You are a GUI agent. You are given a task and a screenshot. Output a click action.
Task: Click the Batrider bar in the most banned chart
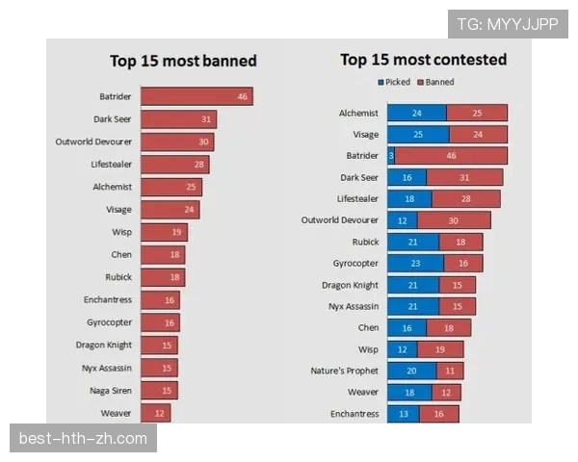tap(197, 96)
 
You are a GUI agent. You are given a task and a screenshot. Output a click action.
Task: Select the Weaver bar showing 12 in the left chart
tap(155, 413)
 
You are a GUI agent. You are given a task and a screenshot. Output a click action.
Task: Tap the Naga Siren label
tap(110, 390)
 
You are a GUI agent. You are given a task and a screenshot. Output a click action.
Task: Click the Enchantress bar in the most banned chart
tap(160, 299)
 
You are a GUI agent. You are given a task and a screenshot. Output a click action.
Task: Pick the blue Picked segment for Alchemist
tap(416, 113)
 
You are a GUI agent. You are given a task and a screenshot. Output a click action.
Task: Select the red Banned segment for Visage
tap(478, 135)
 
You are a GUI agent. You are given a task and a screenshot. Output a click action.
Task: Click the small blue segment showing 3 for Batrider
tap(391, 156)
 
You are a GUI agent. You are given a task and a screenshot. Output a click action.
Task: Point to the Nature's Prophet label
tap(344, 371)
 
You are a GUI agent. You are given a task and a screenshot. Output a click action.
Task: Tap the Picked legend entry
tap(396, 82)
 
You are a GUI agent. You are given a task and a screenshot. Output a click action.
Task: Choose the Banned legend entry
tap(435, 82)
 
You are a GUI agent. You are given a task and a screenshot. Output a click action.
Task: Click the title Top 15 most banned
tap(183, 61)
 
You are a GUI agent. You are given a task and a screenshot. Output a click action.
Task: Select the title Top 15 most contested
tap(423, 60)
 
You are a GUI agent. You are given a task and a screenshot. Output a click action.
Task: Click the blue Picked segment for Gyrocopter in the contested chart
tap(415, 263)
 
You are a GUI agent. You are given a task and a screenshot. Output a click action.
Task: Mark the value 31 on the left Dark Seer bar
tap(206, 119)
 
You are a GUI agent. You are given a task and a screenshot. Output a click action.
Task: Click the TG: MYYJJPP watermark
tap(508, 24)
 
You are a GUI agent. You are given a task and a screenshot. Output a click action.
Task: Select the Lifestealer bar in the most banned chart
tap(174, 165)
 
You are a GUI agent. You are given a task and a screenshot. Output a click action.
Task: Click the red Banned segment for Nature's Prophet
tap(449, 371)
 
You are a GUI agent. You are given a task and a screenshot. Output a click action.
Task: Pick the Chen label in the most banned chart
tap(121, 254)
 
